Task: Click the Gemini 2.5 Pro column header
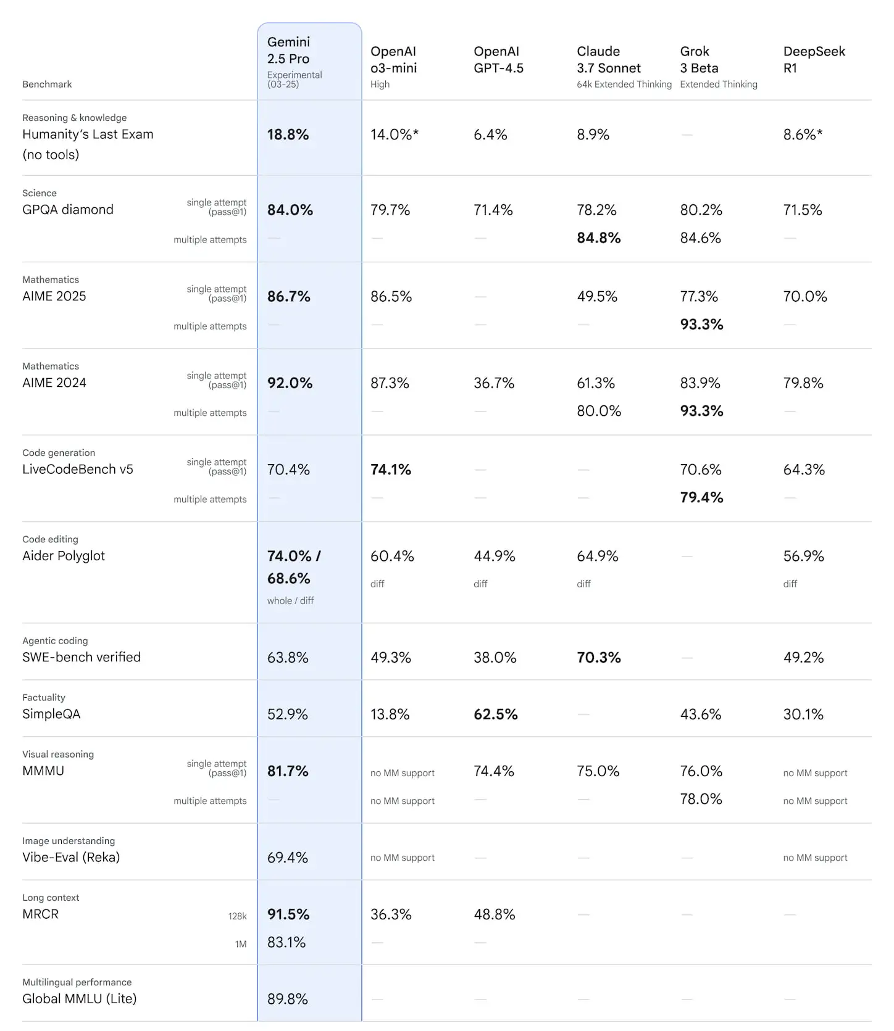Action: [x=288, y=51]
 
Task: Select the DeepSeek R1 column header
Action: [x=814, y=59]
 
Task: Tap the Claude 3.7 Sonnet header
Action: [x=608, y=59]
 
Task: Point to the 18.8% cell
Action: [x=288, y=135]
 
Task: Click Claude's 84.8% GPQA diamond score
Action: [x=598, y=238]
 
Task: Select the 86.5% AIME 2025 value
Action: [x=391, y=296]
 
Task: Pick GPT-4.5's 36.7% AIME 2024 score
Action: [x=494, y=383]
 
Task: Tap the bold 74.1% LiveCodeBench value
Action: [x=390, y=470]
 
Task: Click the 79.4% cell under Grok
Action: [x=701, y=497]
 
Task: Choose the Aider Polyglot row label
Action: [x=64, y=556]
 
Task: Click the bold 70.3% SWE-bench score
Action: [x=598, y=657]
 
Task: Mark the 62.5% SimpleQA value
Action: [x=495, y=714]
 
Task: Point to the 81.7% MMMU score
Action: [x=288, y=771]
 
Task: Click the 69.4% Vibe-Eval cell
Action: [x=287, y=857]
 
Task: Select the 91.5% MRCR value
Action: [x=288, y=914]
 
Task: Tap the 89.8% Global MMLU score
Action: [x=287, y=999]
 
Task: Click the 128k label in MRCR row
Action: [x=237, y=916]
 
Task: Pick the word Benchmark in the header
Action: [x=47, y=84]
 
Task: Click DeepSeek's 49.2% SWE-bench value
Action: [x=803, y=657]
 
